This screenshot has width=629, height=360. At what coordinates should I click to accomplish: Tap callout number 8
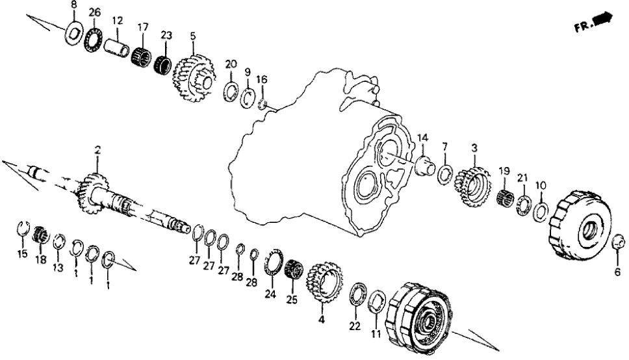click(x=73, y=5)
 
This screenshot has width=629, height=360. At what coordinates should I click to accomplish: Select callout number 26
click(x=95, y=12)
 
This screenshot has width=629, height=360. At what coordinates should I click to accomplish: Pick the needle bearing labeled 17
click(x=142, y=54)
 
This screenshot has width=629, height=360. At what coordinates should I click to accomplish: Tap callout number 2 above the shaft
click(x=97, y=150)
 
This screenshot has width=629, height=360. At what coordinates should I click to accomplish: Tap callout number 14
click(x=423, y=137)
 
